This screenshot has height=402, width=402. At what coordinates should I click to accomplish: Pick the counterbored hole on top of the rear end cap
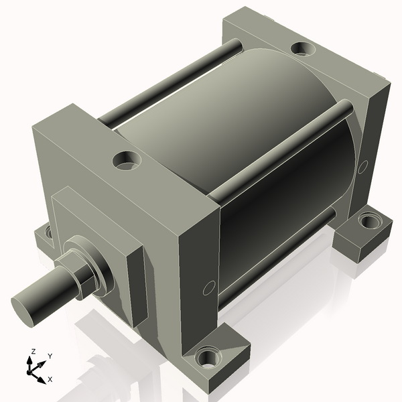304,49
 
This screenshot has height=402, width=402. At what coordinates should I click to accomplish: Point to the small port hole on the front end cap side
209,287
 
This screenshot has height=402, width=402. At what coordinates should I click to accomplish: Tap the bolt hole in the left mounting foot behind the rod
48,233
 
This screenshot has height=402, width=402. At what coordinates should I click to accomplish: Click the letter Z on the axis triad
33,352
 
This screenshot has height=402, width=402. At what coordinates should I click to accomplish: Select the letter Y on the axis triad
50,356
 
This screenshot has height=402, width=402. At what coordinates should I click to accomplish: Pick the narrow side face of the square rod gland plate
137,288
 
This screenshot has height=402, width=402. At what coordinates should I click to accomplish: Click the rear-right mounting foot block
362,234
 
